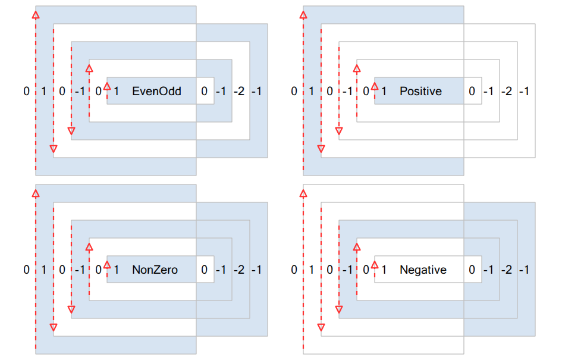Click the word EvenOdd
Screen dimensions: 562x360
(156, 91)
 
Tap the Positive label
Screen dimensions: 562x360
(421, 91)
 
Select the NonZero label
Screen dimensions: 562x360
(155, 270)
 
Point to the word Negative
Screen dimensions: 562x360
(423, 270)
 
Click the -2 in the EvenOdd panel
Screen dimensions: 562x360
(239, 91)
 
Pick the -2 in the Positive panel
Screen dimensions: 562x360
(507, 91)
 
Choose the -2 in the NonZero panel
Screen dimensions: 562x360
(239, 270)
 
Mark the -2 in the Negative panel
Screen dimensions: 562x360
(507, 270)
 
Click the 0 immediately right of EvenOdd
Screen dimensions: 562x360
(205, 91)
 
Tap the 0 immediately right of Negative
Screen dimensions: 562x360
(472, 270)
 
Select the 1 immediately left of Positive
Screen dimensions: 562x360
(384, 91)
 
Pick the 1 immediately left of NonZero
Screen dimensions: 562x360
(116, 270)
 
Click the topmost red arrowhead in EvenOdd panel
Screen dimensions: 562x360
(36, 15)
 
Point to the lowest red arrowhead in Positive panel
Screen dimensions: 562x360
(321, 149)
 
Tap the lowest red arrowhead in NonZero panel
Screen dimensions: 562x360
(54, 327)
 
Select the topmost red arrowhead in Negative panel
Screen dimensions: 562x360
(303, 193)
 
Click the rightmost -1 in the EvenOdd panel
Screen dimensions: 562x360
(257, 91)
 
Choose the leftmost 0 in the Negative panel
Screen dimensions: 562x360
(294, 270)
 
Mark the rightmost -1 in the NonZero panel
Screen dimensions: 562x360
(257, 270)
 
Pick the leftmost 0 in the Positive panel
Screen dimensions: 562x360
(294, 91)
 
